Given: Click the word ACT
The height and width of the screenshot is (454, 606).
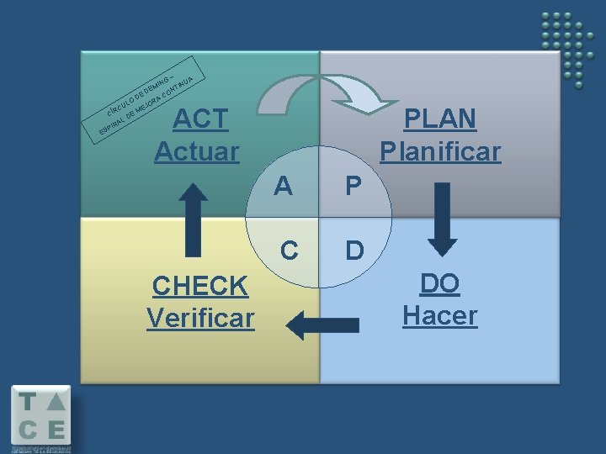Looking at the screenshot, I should (200, 119).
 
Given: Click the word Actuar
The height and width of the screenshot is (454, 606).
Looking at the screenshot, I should (197, 151).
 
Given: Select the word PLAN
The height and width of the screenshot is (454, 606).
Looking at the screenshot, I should (439, 119).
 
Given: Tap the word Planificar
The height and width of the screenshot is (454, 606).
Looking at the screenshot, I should (439, 151).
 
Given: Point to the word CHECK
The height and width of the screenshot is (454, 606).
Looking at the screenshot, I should (200, 287).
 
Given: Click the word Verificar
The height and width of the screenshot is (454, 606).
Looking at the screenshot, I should (200, 319).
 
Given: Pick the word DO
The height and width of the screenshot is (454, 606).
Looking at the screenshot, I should (439, 284).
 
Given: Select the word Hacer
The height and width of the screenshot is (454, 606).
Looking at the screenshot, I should (439, 316).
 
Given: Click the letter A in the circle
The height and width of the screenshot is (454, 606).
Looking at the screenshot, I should (284, 186).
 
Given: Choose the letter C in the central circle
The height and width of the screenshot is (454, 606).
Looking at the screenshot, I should (289, 250).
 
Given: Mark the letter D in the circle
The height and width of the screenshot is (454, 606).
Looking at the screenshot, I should (354, 251).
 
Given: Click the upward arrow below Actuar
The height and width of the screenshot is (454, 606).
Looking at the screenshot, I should (194, 220).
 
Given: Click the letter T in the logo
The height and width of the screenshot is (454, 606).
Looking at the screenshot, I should (27, 402).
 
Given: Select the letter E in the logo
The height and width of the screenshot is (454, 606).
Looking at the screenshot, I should (56, 430).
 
